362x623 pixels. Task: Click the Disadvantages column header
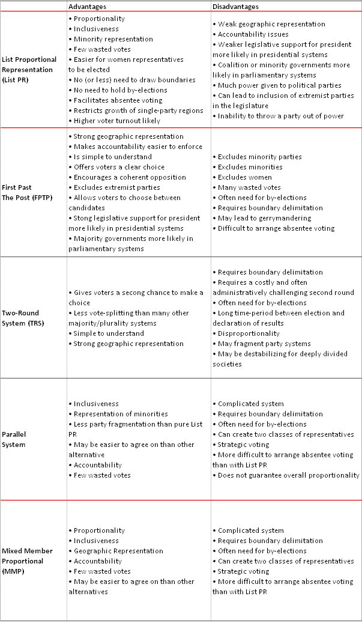coord(235,7)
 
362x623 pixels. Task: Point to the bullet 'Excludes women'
coord(244,177)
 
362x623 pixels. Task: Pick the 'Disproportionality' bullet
coord(249,333)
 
